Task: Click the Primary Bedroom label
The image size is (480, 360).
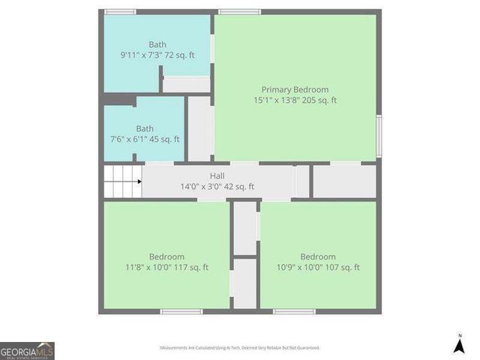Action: (295, 90)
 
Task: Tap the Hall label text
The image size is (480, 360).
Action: (217, 176)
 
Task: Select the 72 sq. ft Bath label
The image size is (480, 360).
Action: (157, 44)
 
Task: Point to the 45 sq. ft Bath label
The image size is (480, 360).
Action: (145, 129)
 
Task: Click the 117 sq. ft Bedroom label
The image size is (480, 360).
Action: (166, 256)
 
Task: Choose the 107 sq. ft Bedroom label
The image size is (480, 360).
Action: (318, 256)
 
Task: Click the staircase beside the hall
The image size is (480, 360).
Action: (122, 182)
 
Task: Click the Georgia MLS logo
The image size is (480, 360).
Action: (27, 350)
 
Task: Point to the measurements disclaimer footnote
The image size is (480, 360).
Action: (240, 348)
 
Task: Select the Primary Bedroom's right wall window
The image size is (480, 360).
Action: (379, 136)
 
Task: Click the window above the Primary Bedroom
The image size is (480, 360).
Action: (240, 12)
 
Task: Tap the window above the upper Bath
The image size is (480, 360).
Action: (120, 12)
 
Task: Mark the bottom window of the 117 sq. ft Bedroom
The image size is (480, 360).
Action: (181, 311)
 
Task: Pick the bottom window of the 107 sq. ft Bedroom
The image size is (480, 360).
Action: (294, 311)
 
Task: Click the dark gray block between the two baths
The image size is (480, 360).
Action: (118, 99)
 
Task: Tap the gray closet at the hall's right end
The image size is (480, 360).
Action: (344, 181)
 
